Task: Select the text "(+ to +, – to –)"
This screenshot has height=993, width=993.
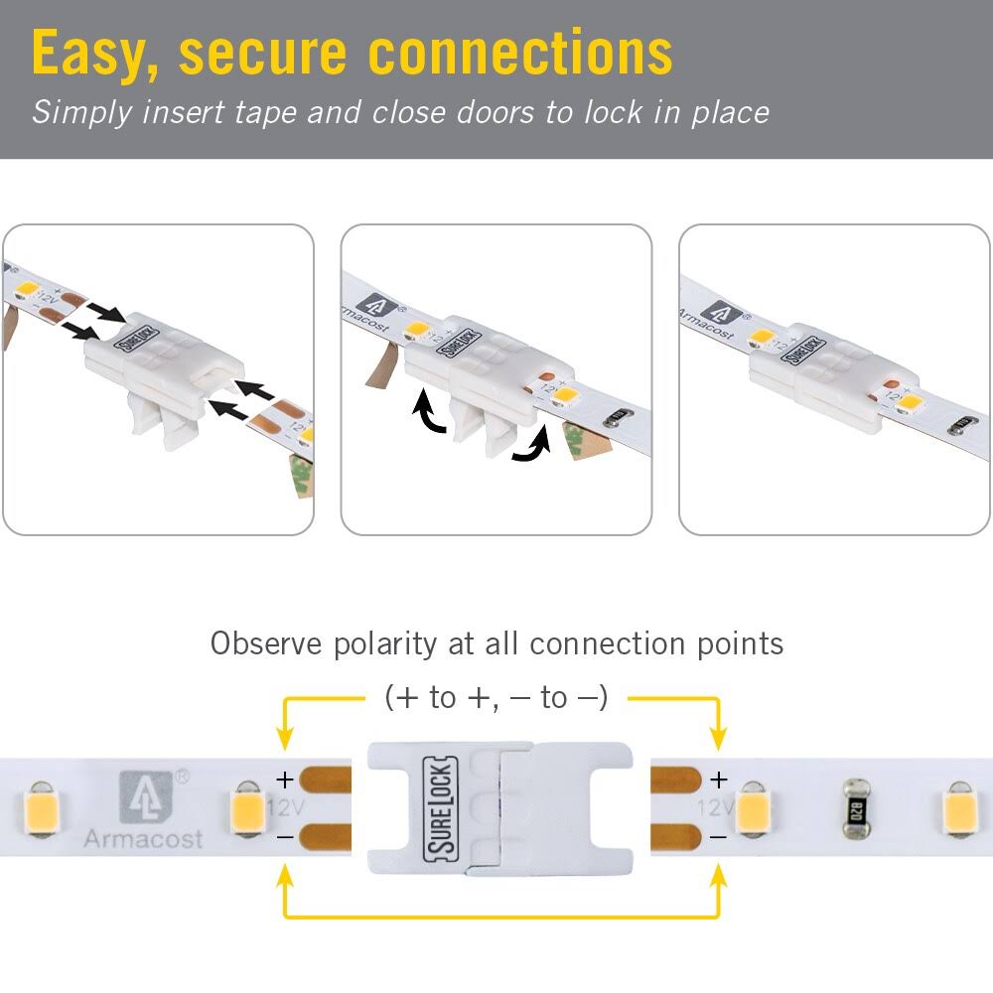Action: (496, 698)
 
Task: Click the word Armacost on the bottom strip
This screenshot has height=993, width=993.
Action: (143, 839)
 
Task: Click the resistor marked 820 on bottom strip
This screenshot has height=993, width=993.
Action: (853, 809)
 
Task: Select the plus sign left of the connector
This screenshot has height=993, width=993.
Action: (285, 780)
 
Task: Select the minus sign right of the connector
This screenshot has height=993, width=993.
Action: (718, 838)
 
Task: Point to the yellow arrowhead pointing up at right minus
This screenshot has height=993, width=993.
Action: (718, 878)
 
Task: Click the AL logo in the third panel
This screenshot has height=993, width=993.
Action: (719, 316)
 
